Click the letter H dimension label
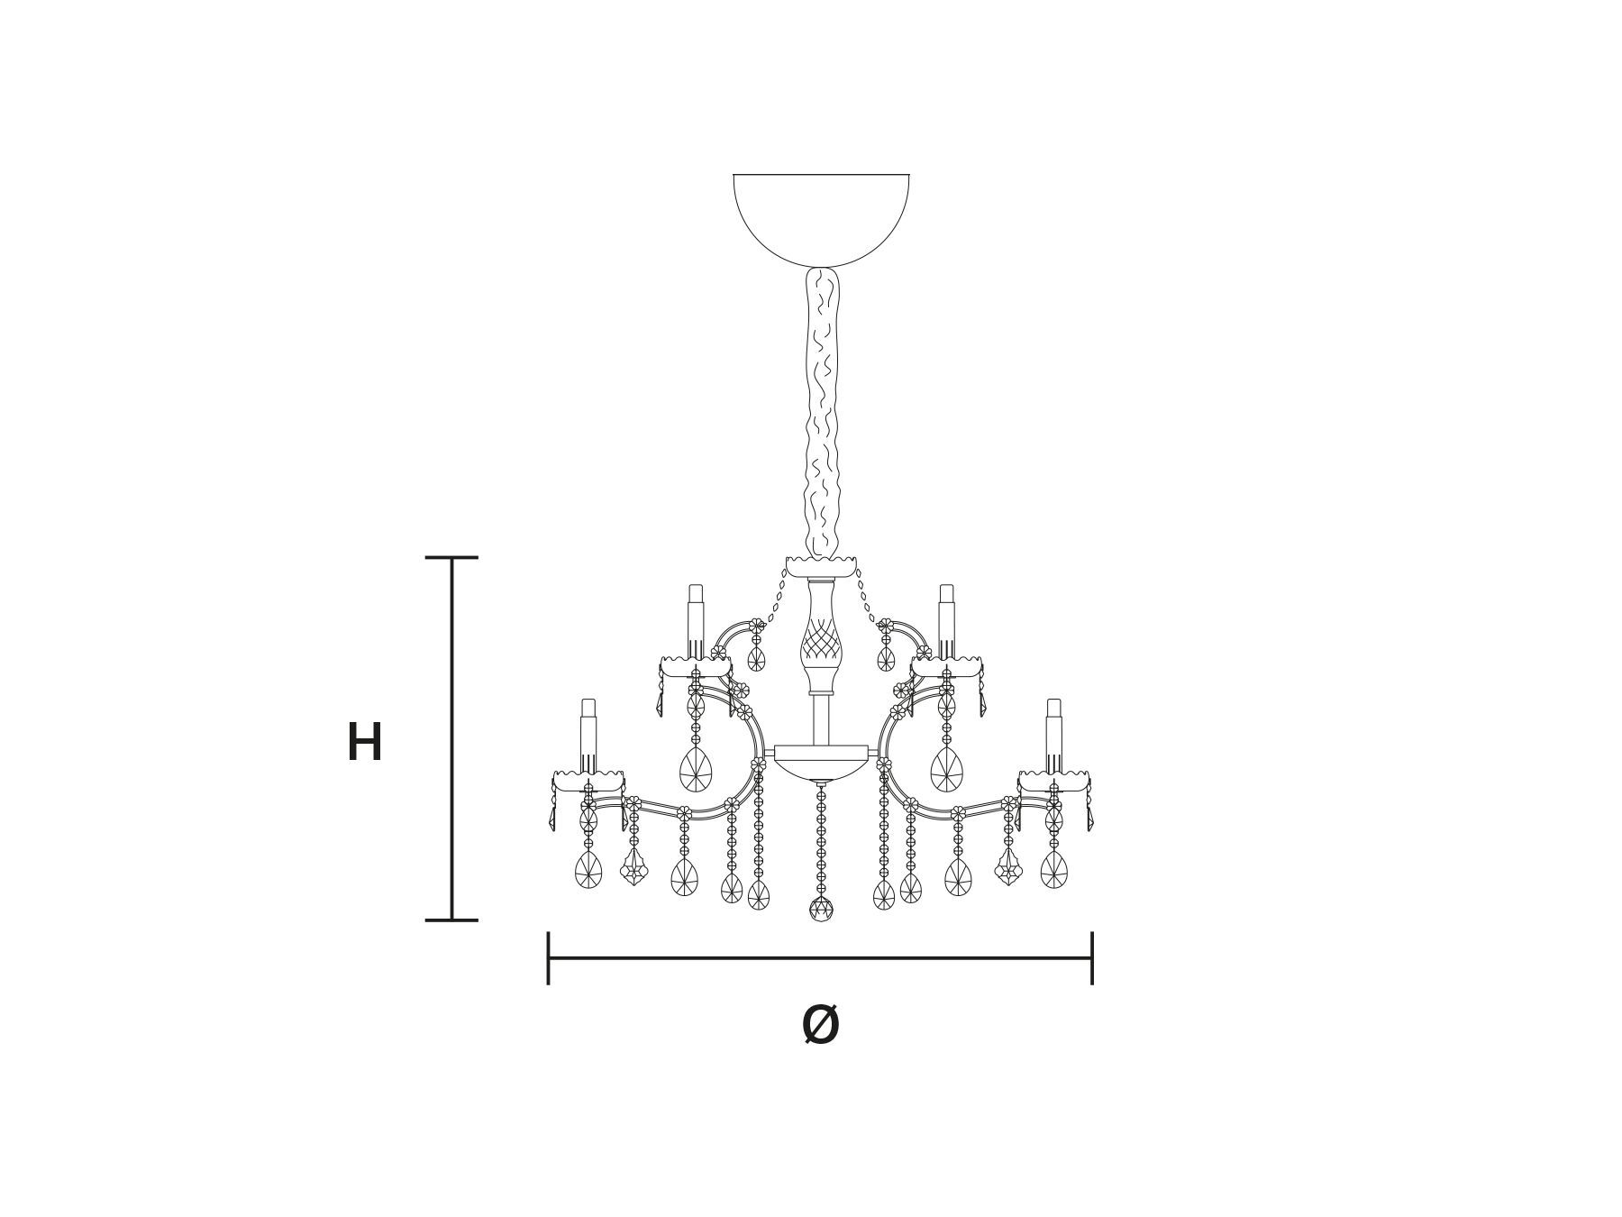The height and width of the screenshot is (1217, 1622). click(365, 743)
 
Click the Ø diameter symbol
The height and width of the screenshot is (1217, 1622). click(820, 1025)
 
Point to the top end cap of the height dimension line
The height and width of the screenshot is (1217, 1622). click(451, 558)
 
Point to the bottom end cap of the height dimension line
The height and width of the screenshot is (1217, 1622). click(451, 920)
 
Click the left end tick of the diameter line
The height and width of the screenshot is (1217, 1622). click(549, 958)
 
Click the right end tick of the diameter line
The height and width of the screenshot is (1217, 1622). click(1092, 958)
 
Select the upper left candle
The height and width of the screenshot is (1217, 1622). click(695, 621)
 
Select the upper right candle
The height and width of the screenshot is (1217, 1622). click(946, 621)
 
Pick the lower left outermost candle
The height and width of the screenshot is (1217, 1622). click(588, 735)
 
